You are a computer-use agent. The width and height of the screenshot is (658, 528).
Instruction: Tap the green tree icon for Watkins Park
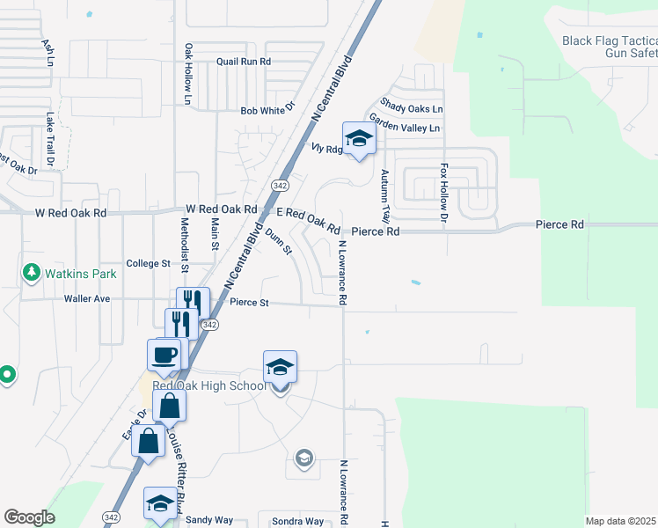coord(32,274)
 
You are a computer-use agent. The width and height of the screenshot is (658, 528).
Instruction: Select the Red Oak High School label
coord(208,385)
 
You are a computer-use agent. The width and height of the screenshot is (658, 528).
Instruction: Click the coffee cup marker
coord(165,355)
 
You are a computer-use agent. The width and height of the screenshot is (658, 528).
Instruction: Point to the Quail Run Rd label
coord(245,62)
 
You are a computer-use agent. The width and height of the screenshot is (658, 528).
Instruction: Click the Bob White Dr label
coord(267,111)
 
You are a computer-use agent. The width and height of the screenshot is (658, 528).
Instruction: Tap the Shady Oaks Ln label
coord(412,108)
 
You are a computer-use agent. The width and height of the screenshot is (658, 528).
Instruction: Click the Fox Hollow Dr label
coord(444,192)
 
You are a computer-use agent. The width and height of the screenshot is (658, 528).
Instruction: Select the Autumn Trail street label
coord(384,195)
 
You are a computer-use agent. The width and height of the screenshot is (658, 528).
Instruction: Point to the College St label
coord(148,263)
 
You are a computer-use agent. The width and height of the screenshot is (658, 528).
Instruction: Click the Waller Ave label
coord(86,298)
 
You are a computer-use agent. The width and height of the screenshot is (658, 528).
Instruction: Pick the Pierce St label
coord(249,303)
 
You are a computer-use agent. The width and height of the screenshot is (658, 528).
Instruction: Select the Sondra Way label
coord(297,521)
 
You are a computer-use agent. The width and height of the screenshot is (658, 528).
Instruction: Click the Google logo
coord(29,517)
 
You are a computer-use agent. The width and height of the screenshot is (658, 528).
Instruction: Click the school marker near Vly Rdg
coord(359,138)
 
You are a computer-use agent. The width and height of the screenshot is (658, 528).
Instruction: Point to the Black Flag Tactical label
coord(610,40)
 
